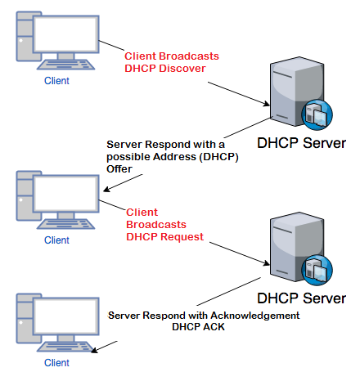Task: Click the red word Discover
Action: (x=182, y=69)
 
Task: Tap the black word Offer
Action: (x=119, y=169)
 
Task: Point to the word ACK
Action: (x=213, y=327)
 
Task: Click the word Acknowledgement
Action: (x=255, y=316)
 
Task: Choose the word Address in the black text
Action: (x=174, y=157)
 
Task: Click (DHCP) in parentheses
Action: (x=219, y=157)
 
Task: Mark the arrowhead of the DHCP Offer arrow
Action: (x=106, y=190)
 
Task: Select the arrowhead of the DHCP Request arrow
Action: (x=267, y=263)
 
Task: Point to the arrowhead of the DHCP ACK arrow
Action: (x=94, y=351)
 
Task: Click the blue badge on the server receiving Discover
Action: (x=317, y=114)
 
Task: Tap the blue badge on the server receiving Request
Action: (x=317, y=270)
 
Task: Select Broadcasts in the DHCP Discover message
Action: (x=189, y=56)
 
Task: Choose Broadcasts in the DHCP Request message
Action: (x=156, y=225)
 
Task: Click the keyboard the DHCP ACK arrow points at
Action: (x=65, y=347)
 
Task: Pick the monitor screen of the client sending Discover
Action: (x=65, y=34)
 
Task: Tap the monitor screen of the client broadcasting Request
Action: (x=65, y=193)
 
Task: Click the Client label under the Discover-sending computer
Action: (x=56, y=81)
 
